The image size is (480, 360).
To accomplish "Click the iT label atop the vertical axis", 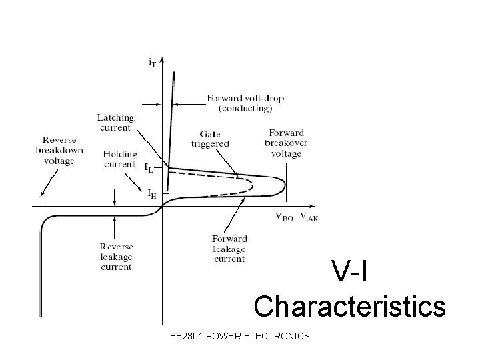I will point(153,63).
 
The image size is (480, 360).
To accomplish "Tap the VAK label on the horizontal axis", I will point(309,216).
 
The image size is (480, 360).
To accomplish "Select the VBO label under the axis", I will point(284,216).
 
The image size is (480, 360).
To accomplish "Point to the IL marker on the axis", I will point(149,169).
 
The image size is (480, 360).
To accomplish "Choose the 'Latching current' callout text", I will point(116,123).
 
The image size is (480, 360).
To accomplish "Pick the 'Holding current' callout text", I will point(120,159).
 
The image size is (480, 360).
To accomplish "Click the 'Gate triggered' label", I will point(210,139).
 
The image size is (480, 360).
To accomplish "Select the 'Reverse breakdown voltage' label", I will point(59,151).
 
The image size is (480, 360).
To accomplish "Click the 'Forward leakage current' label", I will point(229,249).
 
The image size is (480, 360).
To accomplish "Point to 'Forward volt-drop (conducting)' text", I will point(245,103).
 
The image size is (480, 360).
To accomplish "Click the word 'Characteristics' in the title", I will point(349,307).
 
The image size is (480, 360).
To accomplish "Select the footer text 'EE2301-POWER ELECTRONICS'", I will point(240,336).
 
